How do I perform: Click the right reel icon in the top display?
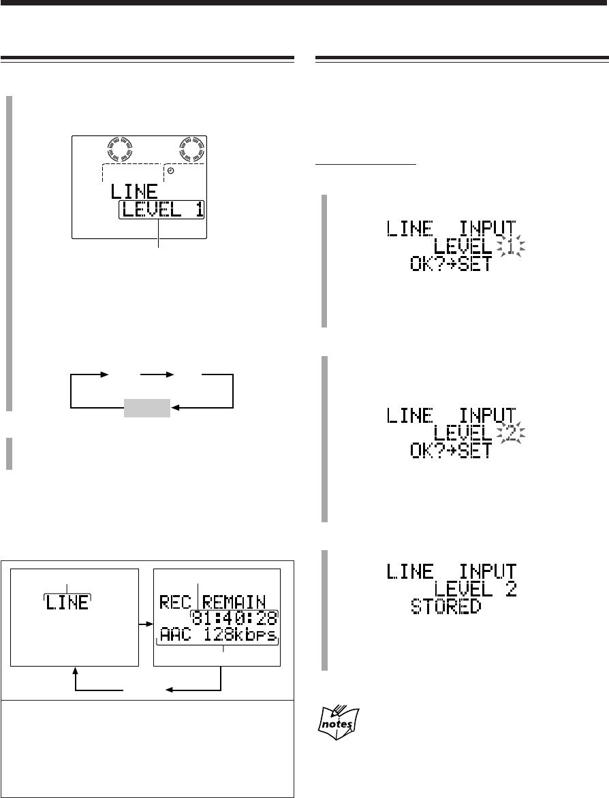click(x=192, y=148)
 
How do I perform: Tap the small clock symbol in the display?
click(x=171, y=170)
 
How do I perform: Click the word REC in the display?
click(x=174, y=601)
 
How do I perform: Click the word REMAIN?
click(x=237, y=601)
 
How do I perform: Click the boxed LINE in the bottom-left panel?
click(x=67, y=602)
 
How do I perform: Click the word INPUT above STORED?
click(x=486, y=570)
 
